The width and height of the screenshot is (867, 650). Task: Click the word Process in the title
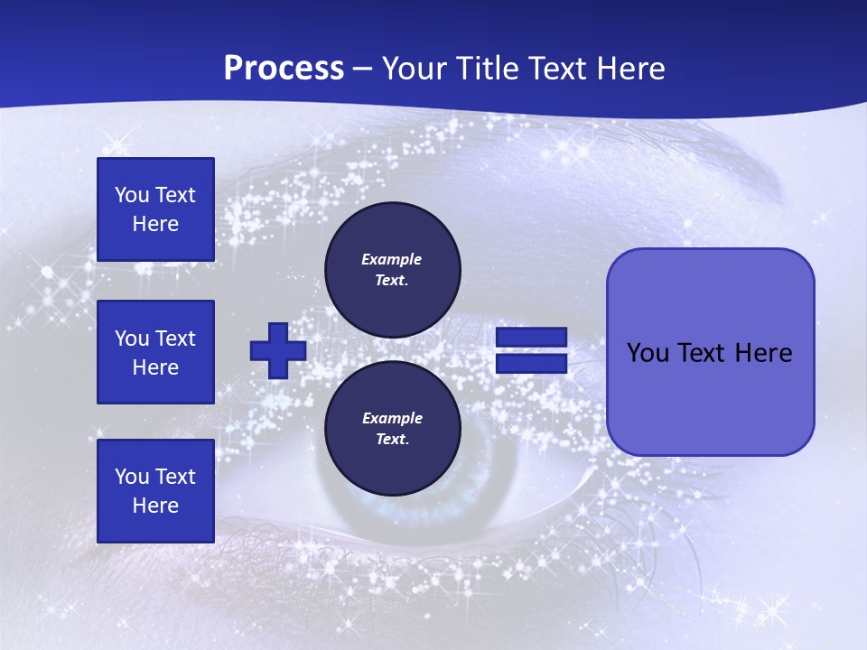point(284,69)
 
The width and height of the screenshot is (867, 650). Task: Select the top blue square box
point(155,209)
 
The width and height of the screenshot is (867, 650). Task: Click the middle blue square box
point(155,352)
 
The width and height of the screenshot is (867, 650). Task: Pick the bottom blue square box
point(155,491)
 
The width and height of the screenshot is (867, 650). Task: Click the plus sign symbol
point(278,351)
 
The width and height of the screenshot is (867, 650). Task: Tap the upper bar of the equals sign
point(531,338)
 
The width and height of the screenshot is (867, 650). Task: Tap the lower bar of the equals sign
point(531,364)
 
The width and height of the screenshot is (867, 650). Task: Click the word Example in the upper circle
point(392,259)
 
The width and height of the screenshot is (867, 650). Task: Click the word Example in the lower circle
point(392,418)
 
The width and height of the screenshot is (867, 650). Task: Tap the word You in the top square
point(131,195)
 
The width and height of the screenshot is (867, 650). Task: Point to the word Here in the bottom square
point(155,506)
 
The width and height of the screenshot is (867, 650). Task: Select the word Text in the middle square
point(174,339)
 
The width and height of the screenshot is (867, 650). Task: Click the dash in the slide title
point(363,69)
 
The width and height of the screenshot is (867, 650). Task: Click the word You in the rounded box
point(647,353)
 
